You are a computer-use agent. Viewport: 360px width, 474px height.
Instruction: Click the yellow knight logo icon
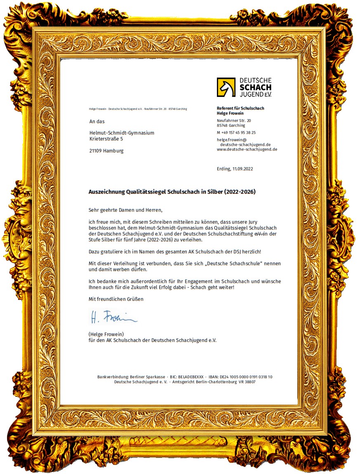(226, 87)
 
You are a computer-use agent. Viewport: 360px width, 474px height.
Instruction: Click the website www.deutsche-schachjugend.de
(247, 149)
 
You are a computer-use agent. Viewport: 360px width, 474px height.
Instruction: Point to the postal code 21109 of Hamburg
(96, 151)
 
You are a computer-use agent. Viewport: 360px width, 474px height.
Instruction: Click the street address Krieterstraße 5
(106, 139)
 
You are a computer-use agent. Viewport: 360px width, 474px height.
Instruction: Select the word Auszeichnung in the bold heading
(106, 192)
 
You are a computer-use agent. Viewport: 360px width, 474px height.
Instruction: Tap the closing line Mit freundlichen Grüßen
(116, 299)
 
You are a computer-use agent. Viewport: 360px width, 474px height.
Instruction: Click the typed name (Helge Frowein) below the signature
(106, 334)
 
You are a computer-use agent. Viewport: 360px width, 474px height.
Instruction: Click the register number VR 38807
(247, 382)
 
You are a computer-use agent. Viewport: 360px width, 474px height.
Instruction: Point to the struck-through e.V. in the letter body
(259, 233)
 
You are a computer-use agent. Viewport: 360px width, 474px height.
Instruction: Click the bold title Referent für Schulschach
(240, 108)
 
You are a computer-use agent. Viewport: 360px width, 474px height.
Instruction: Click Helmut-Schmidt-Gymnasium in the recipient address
(122, 133)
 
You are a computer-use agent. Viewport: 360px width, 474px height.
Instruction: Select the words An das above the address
(97, 122)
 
